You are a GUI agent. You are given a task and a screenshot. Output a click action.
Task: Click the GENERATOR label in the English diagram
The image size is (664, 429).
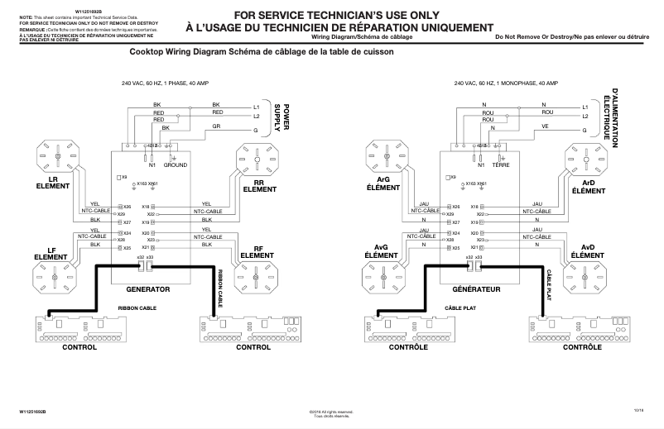coord(147,290)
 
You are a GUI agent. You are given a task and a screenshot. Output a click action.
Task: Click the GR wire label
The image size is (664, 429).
coord(216,126)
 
